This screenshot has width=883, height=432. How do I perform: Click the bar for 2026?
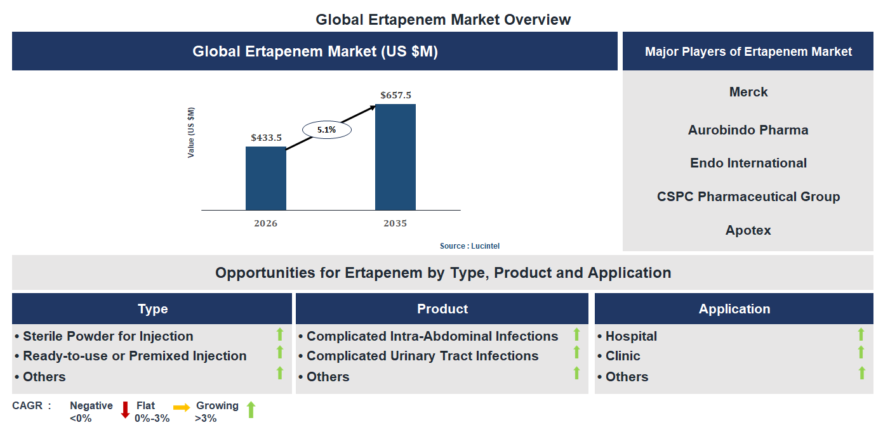[266, 178]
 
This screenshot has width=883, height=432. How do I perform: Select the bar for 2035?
[395, 157]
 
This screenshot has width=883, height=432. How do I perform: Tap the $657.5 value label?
[395, 95]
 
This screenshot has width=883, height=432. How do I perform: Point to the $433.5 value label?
[266, 138]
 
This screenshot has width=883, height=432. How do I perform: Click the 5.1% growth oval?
[326, 130]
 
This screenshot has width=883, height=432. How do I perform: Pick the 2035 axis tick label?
[395, 223]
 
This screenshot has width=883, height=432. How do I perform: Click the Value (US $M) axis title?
[191, 133]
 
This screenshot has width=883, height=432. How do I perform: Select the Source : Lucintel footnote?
[474, 246]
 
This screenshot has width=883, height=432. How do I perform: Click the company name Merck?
[748, 92]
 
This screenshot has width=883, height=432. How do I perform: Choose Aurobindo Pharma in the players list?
[748, 130]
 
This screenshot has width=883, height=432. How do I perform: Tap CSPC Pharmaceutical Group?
[748, 197]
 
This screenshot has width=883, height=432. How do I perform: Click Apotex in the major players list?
[748, 230]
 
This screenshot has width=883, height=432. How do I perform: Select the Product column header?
[442, 309]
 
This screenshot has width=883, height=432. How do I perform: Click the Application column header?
[734, 309]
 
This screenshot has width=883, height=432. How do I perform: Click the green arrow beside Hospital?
[861, 335]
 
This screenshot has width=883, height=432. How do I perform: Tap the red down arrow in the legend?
[125, 410]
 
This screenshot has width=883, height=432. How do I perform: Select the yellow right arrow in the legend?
[182, 408]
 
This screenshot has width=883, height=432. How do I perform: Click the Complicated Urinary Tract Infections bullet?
[422, 356]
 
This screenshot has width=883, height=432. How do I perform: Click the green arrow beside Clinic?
[861, 353]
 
